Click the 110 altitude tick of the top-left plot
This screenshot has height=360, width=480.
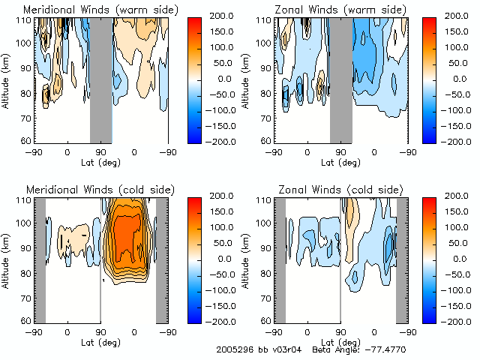coord(25,19)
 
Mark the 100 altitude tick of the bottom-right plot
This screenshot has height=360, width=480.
coord(265,223)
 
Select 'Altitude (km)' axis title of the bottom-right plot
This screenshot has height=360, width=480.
coord(247,259)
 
